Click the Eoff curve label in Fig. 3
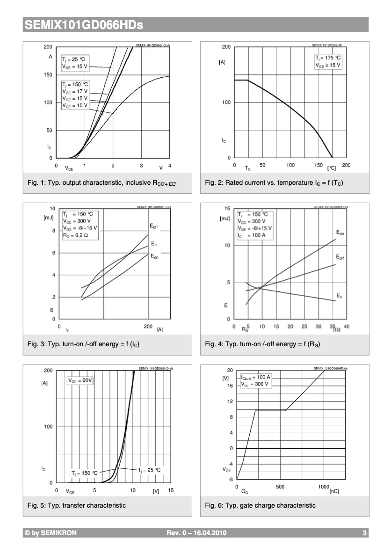click(x=154, y=226)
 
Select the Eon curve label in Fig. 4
click(x=340, y=233)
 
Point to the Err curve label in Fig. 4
click(x=339, y=295)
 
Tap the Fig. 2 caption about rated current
click(x=274, y=182)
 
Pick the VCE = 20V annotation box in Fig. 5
click(x=81, y=381)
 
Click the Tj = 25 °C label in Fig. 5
click(x=149, y=470)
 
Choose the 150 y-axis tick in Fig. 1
click(x=48, y=75)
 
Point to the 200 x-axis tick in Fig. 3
click(x=148, y=327)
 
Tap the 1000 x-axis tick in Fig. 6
click(x=324, y=487)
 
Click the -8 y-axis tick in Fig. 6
click(x=230, y=479)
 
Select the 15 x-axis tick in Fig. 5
click(x=171, y=490)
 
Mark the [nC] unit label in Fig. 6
click(x=334, y=492)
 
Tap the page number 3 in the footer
click(x=364, y=533)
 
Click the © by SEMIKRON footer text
click(x=51, y=533)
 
